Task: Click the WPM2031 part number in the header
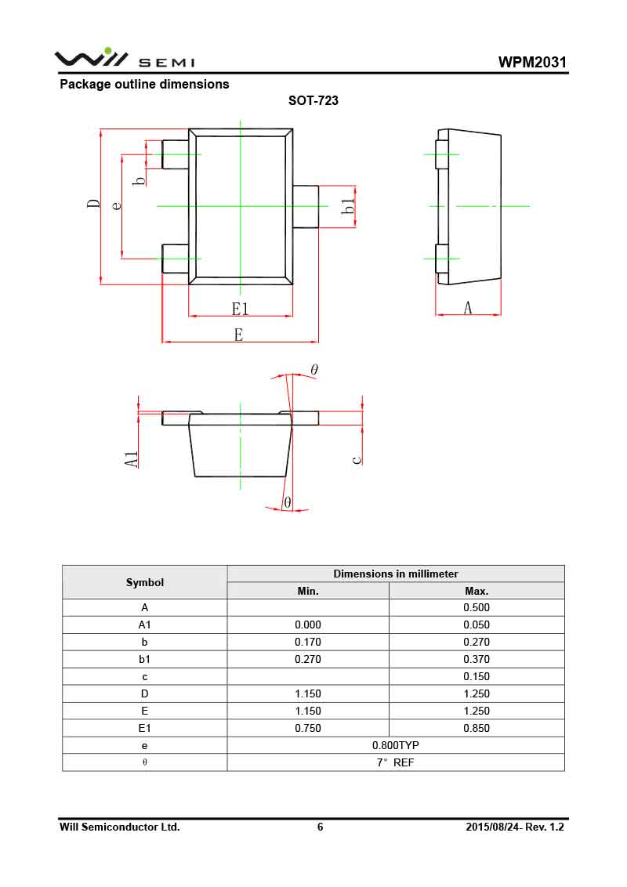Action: coord(532,63)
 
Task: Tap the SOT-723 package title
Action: coord(313,101)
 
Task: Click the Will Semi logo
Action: coord(125,59)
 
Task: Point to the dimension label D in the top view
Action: coord(94,205)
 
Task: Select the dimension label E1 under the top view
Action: coord(240,308)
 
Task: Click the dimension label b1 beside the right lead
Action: coord(349,207)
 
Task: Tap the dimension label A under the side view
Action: coord(468,308)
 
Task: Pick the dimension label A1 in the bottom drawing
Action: coord(132,459)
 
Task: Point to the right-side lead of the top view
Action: coord(306,207)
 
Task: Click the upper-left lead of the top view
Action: coord(175,154)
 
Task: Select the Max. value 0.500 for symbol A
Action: coord(477,607)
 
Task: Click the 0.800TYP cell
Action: coord(395,745)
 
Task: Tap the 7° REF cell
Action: coord(395,762)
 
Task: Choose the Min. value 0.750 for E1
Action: coord(308,728)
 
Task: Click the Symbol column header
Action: coord(145,582)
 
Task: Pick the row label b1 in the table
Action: coord(145,659)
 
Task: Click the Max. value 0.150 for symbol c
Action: coord(477,676)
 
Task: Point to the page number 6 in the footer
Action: coord(320,827)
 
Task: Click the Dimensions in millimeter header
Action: coord(395,574)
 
